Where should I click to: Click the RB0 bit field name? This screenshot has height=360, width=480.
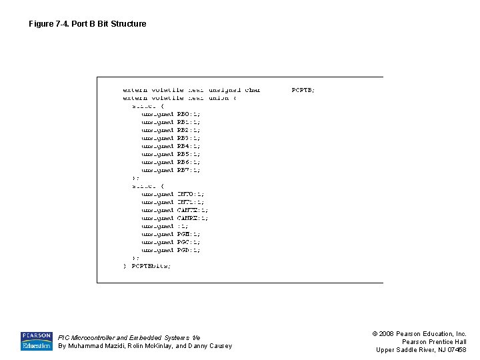click(184, 114)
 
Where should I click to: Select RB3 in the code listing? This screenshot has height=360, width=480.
click(184, 138)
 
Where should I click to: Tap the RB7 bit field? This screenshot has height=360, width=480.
click(184, 170)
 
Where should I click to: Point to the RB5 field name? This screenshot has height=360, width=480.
click(184, 154)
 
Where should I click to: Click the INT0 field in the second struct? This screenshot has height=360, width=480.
click(186, 194)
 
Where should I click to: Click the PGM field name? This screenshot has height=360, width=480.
click(184, 234)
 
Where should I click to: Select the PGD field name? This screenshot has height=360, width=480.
click(184, 250)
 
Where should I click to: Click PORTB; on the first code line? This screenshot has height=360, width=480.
click(303, 90)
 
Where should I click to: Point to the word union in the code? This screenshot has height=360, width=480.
click(219, 98)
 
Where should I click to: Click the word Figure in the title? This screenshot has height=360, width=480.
click(41, 24)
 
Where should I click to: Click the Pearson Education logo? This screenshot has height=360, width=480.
click(36, 341)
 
